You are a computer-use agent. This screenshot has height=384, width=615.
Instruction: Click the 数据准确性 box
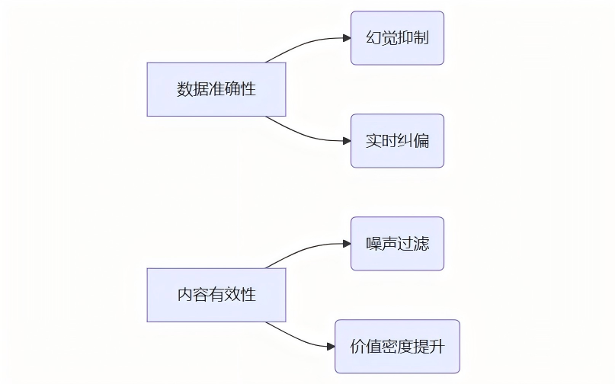point(216,89)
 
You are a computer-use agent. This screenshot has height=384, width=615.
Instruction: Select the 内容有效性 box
point(216,295)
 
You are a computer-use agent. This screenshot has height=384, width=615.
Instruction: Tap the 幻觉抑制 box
point(397,38)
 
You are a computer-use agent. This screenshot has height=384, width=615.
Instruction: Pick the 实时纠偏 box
point(397,141)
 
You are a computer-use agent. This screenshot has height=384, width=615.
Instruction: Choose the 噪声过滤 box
point(397,244)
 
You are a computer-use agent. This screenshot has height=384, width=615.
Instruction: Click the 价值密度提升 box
point(397,347)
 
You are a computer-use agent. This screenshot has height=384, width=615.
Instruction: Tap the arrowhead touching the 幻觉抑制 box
point(346,38)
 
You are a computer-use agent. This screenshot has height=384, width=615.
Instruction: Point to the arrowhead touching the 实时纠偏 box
point(346,141)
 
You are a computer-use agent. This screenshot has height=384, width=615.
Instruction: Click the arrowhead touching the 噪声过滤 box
point(346,244)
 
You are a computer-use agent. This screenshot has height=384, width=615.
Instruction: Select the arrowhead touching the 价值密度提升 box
point(331,347)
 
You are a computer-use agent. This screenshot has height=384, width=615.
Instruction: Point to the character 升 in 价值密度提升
point(436,347)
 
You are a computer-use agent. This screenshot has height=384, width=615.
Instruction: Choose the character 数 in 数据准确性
point(185,89)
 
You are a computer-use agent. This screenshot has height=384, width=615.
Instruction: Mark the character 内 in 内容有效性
point(185,295)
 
